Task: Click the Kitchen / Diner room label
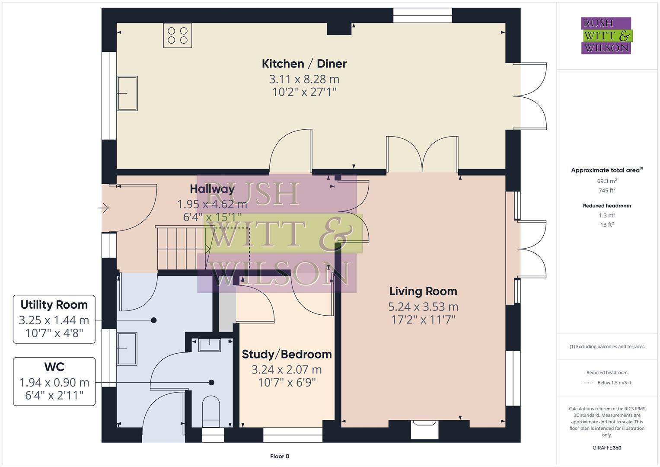coord(304,64)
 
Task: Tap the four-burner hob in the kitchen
coord(178,35)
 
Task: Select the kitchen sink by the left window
coord(127,93)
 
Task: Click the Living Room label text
coord(423,291)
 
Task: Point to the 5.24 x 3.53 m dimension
coord(423,307)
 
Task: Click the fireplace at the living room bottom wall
coord(424,428)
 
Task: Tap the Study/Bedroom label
coord(287,354)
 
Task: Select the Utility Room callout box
coord(54,319)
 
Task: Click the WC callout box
coord(54,381)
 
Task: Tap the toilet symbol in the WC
coord(211,409)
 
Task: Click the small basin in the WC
coord(209,345)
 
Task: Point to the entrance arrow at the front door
coord(104,208)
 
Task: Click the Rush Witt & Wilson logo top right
coord(606,35)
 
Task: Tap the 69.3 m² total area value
coord(607,181)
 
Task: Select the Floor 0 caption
coord(280,456)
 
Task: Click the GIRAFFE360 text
coord(606,448)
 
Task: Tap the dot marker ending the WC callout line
coord(211,382)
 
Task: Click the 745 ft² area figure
coord(607,190)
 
